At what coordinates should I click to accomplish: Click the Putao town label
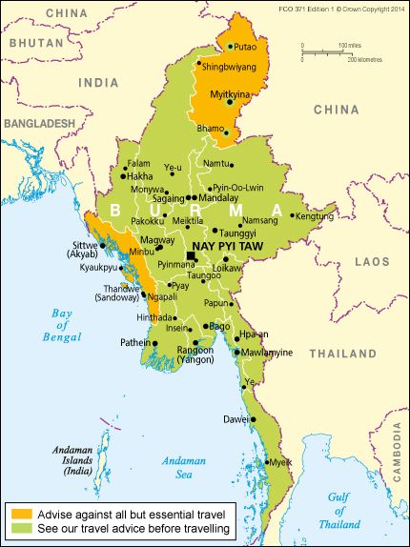(x=245, y=45)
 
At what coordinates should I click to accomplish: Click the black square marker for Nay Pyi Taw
(x=192, y=255)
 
